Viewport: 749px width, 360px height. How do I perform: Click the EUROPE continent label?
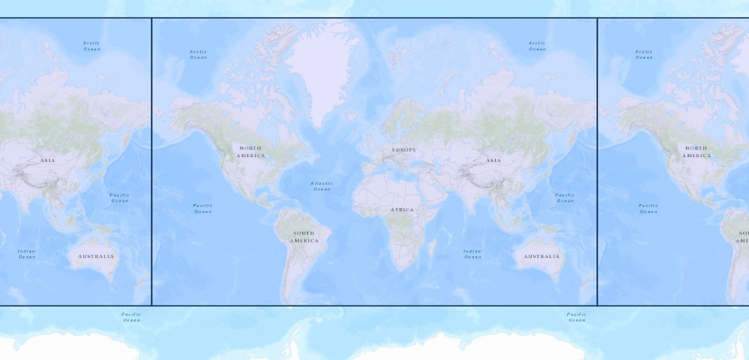[x=404, y=150]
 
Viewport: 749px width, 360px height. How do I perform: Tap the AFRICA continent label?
[x=402, y=210]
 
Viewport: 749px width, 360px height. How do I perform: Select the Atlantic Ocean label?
[x=322, y=186]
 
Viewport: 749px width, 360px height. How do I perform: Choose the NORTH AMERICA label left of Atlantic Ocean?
[x=250, y=152]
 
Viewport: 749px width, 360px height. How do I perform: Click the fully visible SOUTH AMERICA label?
[x=304, y=237]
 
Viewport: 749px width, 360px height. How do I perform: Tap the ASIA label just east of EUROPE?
[x=493, y=161]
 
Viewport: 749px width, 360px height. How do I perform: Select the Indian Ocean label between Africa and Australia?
[x=472, y=254]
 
